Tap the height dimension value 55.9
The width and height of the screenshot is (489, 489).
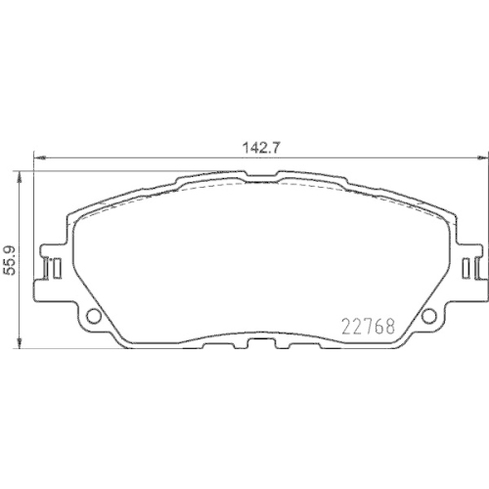pyautogui.click(x=11, y=261)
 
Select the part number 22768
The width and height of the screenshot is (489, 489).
pyautogui.click(x=368, y=326)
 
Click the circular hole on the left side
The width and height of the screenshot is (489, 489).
pyautogui.click(x=94, y=316)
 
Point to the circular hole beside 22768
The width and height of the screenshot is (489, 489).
pyautogui.click(x=428, y=315)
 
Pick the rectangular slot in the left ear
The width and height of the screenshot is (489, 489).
pyautogui.click(x=55, y=265)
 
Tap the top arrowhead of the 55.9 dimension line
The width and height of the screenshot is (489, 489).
pyautogui.click(x=22, y=173)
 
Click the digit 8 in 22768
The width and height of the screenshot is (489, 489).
pyautogui.click(x=388, y=326)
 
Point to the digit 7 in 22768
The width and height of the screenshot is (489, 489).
pyautogui.click(x=368, y=326)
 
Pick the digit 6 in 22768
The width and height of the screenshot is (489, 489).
pyautogui.click(x=378, y=326)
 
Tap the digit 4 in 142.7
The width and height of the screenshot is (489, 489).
pyautogui.click(x=253, y=148)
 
